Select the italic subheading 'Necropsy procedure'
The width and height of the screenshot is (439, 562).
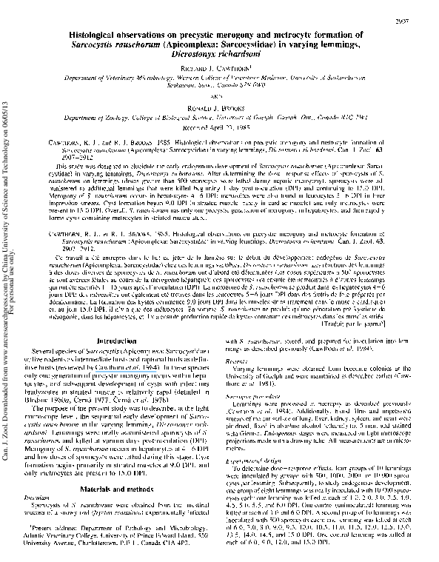point(264,418)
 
